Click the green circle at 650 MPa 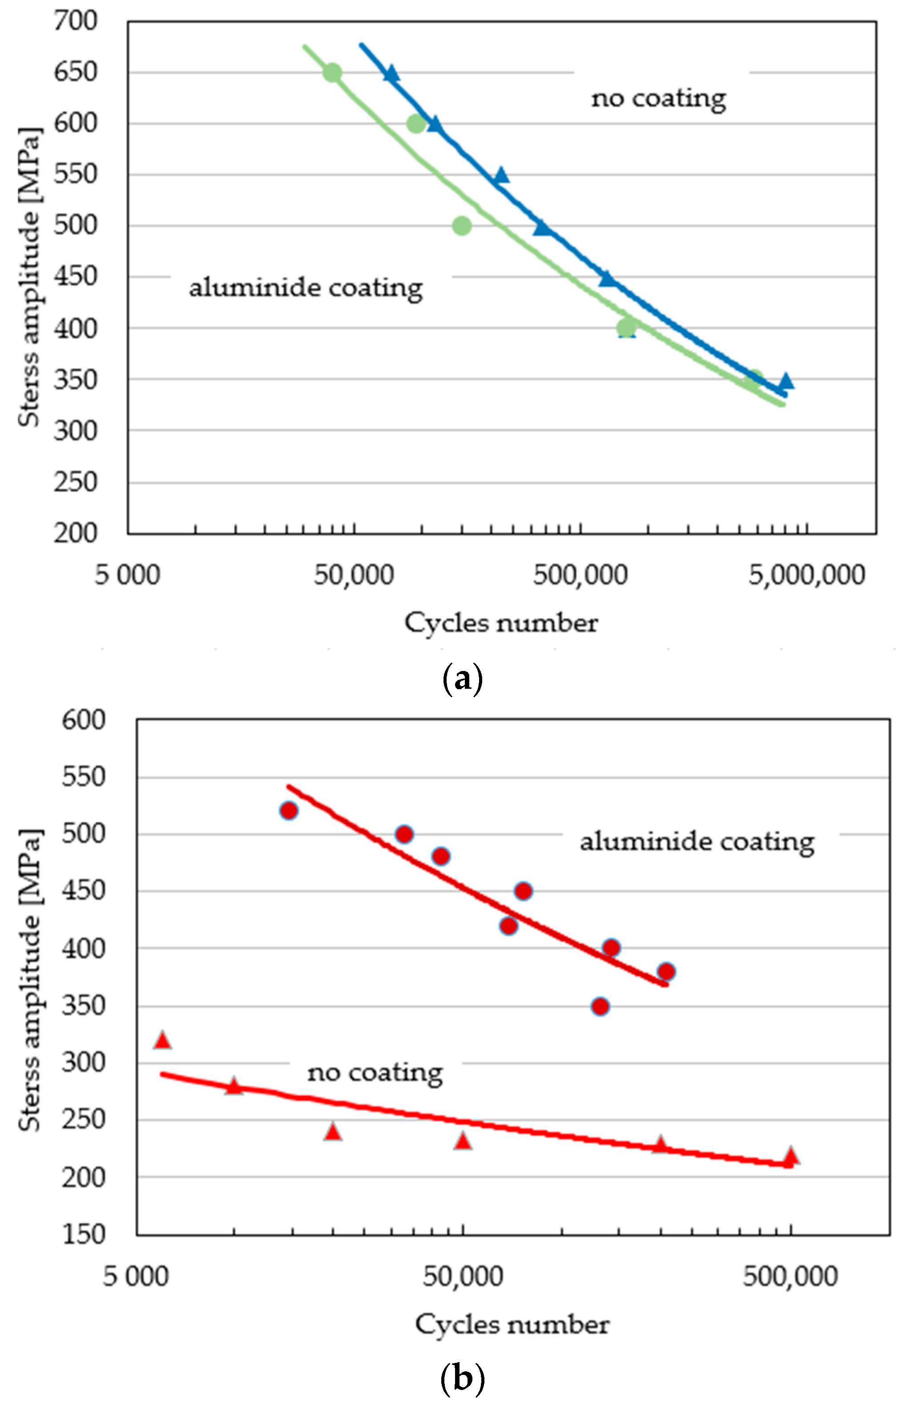pos(332,72)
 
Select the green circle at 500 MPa pos(462,225)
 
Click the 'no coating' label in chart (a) pos(658,98)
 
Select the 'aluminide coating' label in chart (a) pos(306,288)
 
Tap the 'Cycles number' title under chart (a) pos(501,623)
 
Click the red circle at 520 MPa pos(289,811)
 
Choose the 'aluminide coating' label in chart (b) pos(697,842)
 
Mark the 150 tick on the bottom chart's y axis pos(83,1234)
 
